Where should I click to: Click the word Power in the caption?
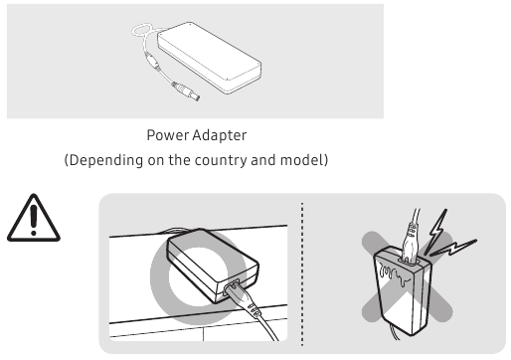point(167,135)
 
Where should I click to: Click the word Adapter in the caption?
point(220,135)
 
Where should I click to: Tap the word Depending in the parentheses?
point(106,160)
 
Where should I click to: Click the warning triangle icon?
point(34,218)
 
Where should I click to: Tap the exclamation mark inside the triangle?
point(34,220)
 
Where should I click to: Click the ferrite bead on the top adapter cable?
point(153,61)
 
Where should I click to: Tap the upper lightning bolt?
point(435,231)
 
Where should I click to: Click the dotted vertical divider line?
point(302,273)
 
